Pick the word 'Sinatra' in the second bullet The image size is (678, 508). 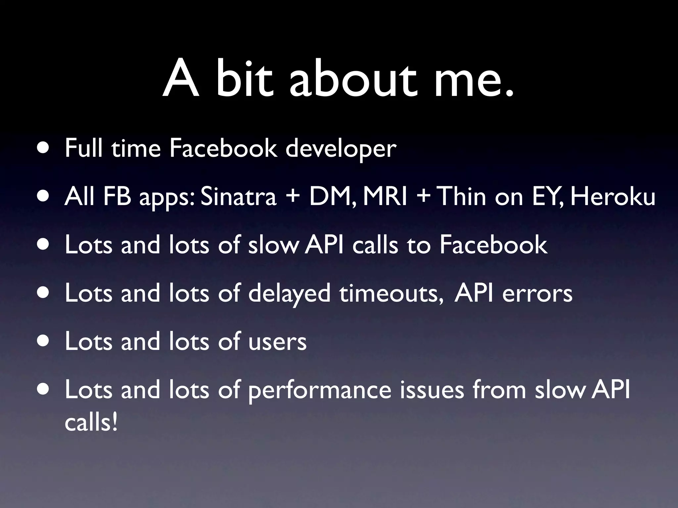click(238, 196)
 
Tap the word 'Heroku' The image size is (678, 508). click(612, 196)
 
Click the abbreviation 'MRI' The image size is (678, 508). click(385, 196)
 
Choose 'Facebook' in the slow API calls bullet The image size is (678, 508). click(493, 245)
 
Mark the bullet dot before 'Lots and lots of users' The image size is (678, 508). click(44, 341)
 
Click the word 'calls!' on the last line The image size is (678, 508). click(91, 423)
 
